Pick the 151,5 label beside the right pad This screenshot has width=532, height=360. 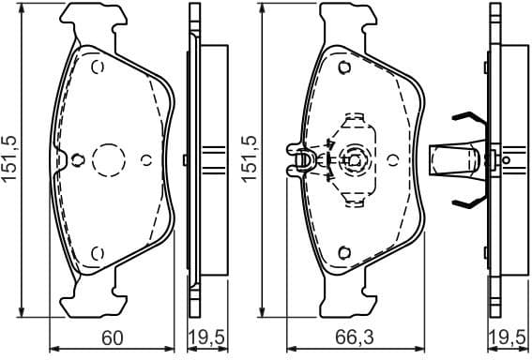[x=249, y=160]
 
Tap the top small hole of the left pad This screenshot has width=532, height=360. [x=97, y=67]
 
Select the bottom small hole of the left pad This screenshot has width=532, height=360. [x=97, y=250]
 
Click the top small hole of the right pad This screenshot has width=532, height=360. [x=343, y=67]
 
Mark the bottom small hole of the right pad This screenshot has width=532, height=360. [x=343, y=250]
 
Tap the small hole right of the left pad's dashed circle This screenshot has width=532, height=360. [x=145, y=159]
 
